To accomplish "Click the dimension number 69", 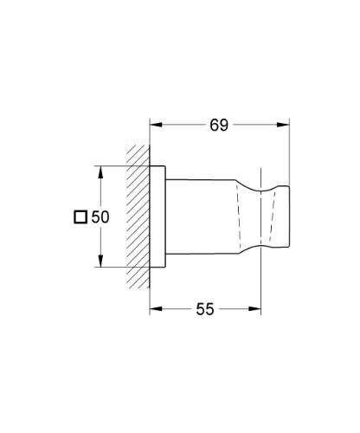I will click(x=218, y=124).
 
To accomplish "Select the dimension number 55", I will click(x=204, y=308).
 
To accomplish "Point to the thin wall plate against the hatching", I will click(x=157, y=216).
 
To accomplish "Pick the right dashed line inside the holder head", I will click(x=277, y=216).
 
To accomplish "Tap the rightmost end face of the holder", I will click(x=288, y=216).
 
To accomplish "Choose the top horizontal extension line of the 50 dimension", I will click(x=121, y=164).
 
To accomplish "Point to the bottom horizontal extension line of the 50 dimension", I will click(x=121, y=268).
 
